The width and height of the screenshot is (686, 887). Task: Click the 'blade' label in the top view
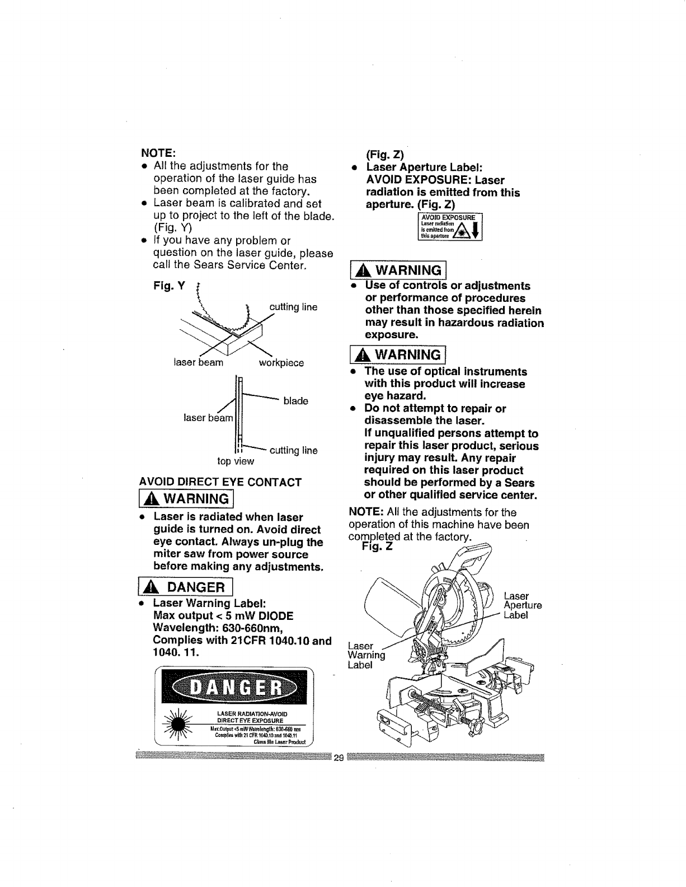(296, 401)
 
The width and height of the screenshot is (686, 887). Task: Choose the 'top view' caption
(236, 461)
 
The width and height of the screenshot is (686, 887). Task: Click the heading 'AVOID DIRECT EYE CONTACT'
(220, 482)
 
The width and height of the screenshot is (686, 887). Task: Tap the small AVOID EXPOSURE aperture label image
(450, 227)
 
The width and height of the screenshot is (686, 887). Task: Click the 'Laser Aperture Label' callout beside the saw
(523, 605)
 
